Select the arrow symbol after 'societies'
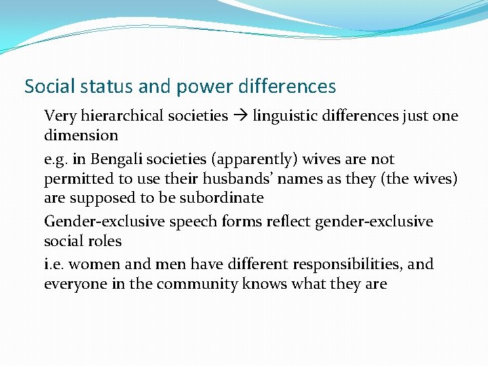pos(241,117)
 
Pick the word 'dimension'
pos(81,135)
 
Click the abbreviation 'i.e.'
pos(55,264)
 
